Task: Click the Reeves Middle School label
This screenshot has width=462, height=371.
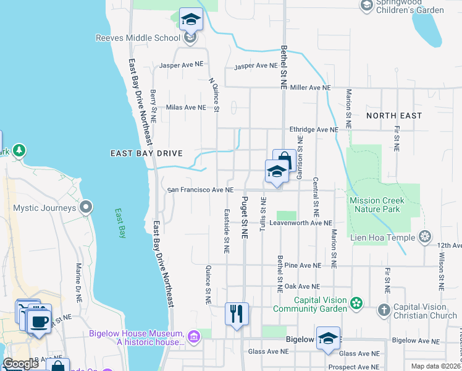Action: coord(138,38)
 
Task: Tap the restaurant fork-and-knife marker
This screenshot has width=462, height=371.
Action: coord(237,314)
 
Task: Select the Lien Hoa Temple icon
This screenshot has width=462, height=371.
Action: coord(425,236)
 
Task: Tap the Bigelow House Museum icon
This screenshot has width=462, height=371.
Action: coord(194,336)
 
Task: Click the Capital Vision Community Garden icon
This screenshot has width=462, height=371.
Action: coord(356,303)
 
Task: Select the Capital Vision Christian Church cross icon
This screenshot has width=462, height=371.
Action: coord(384,310)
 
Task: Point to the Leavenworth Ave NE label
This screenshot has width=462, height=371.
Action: coord(302,223)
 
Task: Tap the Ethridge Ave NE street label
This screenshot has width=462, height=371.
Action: coord(314,130)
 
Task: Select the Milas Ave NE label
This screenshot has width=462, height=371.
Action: coord(186,107)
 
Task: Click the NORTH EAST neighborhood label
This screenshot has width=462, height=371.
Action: coord(394,116)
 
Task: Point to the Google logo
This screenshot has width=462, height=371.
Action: coord(21,364)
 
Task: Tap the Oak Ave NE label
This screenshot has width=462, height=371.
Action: coord(301,286)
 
